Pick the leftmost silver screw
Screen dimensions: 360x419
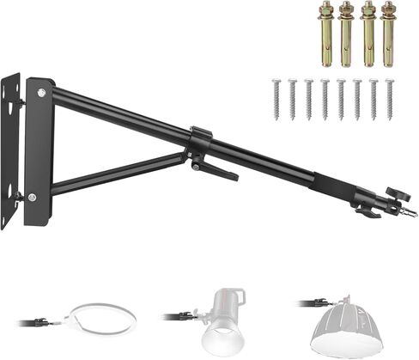point(276,99)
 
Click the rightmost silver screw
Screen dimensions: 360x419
point(389,99)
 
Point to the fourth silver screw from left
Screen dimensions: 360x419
point(325,99)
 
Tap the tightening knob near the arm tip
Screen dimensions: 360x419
point(394,192)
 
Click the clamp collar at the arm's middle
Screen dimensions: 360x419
point(199,142)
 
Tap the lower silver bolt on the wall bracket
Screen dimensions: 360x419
point(32,198)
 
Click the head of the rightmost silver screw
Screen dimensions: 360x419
point(389,82)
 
